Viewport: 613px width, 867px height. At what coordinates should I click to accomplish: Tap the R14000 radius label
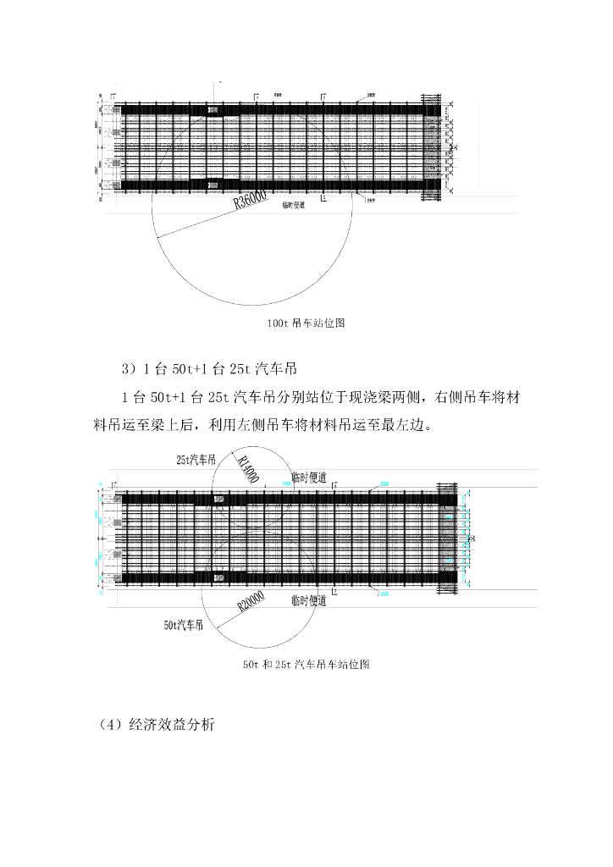[x=248, y=468]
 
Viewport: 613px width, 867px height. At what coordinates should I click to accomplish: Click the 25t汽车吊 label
[x=196, y=460]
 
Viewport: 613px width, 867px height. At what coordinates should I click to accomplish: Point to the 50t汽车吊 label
[x=183, y=627]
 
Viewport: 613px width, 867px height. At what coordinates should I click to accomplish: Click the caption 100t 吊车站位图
[x=306, y=323]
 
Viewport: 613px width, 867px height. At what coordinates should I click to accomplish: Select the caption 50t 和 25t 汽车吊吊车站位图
[x=306, y=665]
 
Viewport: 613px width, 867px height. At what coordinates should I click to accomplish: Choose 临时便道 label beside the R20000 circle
[x=308, y=600]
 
